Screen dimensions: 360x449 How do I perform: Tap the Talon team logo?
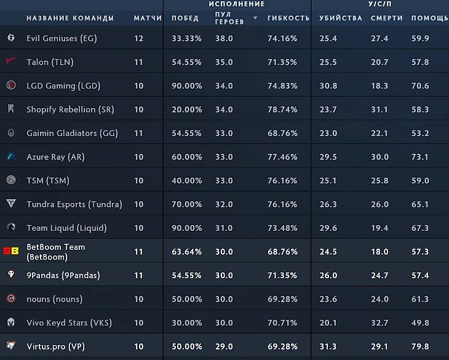pos(11,62)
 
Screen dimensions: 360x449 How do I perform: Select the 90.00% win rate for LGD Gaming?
pos(186,86)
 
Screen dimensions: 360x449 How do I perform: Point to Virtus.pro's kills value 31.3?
pos(328,346)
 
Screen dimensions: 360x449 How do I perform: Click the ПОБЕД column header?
pos(185,18)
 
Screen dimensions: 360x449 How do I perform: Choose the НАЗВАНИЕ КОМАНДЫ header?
pos(70,18)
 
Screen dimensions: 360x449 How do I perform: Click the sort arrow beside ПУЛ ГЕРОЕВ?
pos(256,18)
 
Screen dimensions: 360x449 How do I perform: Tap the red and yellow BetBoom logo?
pos(11,252)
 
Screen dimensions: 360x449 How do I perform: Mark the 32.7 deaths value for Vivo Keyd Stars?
pos(379,323)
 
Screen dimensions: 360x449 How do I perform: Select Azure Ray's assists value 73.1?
pos(419,157)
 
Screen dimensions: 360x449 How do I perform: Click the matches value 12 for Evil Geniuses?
pos(138,38)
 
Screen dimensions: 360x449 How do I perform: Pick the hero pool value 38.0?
pos(224,38)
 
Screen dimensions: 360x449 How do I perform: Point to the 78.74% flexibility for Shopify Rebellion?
pos(282,110)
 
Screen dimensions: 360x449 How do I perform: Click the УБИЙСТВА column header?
pos(341,18)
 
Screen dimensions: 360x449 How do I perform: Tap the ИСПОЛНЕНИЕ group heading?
pos(241,4)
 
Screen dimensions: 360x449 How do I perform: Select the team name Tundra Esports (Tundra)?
pos(74,204)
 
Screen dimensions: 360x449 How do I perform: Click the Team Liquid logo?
pos(11,228)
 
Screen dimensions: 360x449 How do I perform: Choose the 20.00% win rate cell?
pos(186,110)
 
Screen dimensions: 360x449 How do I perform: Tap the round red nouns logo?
pos(11,299)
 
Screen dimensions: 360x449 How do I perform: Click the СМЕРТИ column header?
pos(386,18)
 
